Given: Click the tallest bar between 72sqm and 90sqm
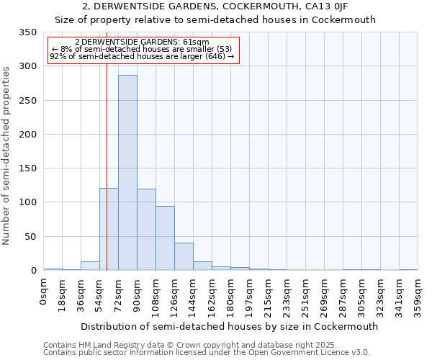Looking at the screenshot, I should tap(127, 173).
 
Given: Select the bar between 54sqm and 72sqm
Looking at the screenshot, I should tap(109, 229).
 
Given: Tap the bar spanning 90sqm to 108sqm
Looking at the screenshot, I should tap(146, 230).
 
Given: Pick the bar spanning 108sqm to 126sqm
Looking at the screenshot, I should tap(165, 238).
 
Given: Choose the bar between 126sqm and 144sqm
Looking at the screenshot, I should tap(184, 256).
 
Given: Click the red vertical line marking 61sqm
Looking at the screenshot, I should tap(107, 144).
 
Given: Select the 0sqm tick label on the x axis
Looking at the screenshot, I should tap(44, 292).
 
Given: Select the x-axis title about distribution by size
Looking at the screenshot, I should tap(229, 326).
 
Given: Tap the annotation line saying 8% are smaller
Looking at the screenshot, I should tap(142, 49).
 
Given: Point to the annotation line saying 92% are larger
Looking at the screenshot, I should tap(142, 56).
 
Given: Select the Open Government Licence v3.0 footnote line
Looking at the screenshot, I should tap(207, 352).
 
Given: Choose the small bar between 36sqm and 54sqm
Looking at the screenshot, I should tap(90, 266).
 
